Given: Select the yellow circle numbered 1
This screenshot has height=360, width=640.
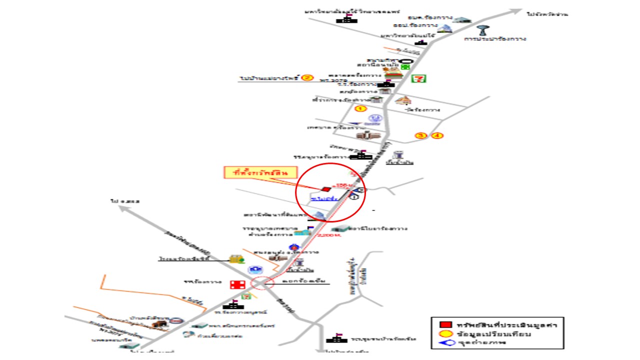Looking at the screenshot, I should pos(360,108).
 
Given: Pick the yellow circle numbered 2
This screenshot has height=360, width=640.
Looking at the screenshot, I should pos(307,77).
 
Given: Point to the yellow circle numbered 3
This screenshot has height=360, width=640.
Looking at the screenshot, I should pos(421,135).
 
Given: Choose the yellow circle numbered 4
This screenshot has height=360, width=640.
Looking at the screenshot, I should pos(437,135).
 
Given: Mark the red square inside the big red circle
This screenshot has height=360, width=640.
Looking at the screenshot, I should pos(325,189).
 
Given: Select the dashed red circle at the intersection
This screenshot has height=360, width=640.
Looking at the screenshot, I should pos(261,283).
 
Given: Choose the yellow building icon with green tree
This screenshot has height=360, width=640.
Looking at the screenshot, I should pos(234,259).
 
